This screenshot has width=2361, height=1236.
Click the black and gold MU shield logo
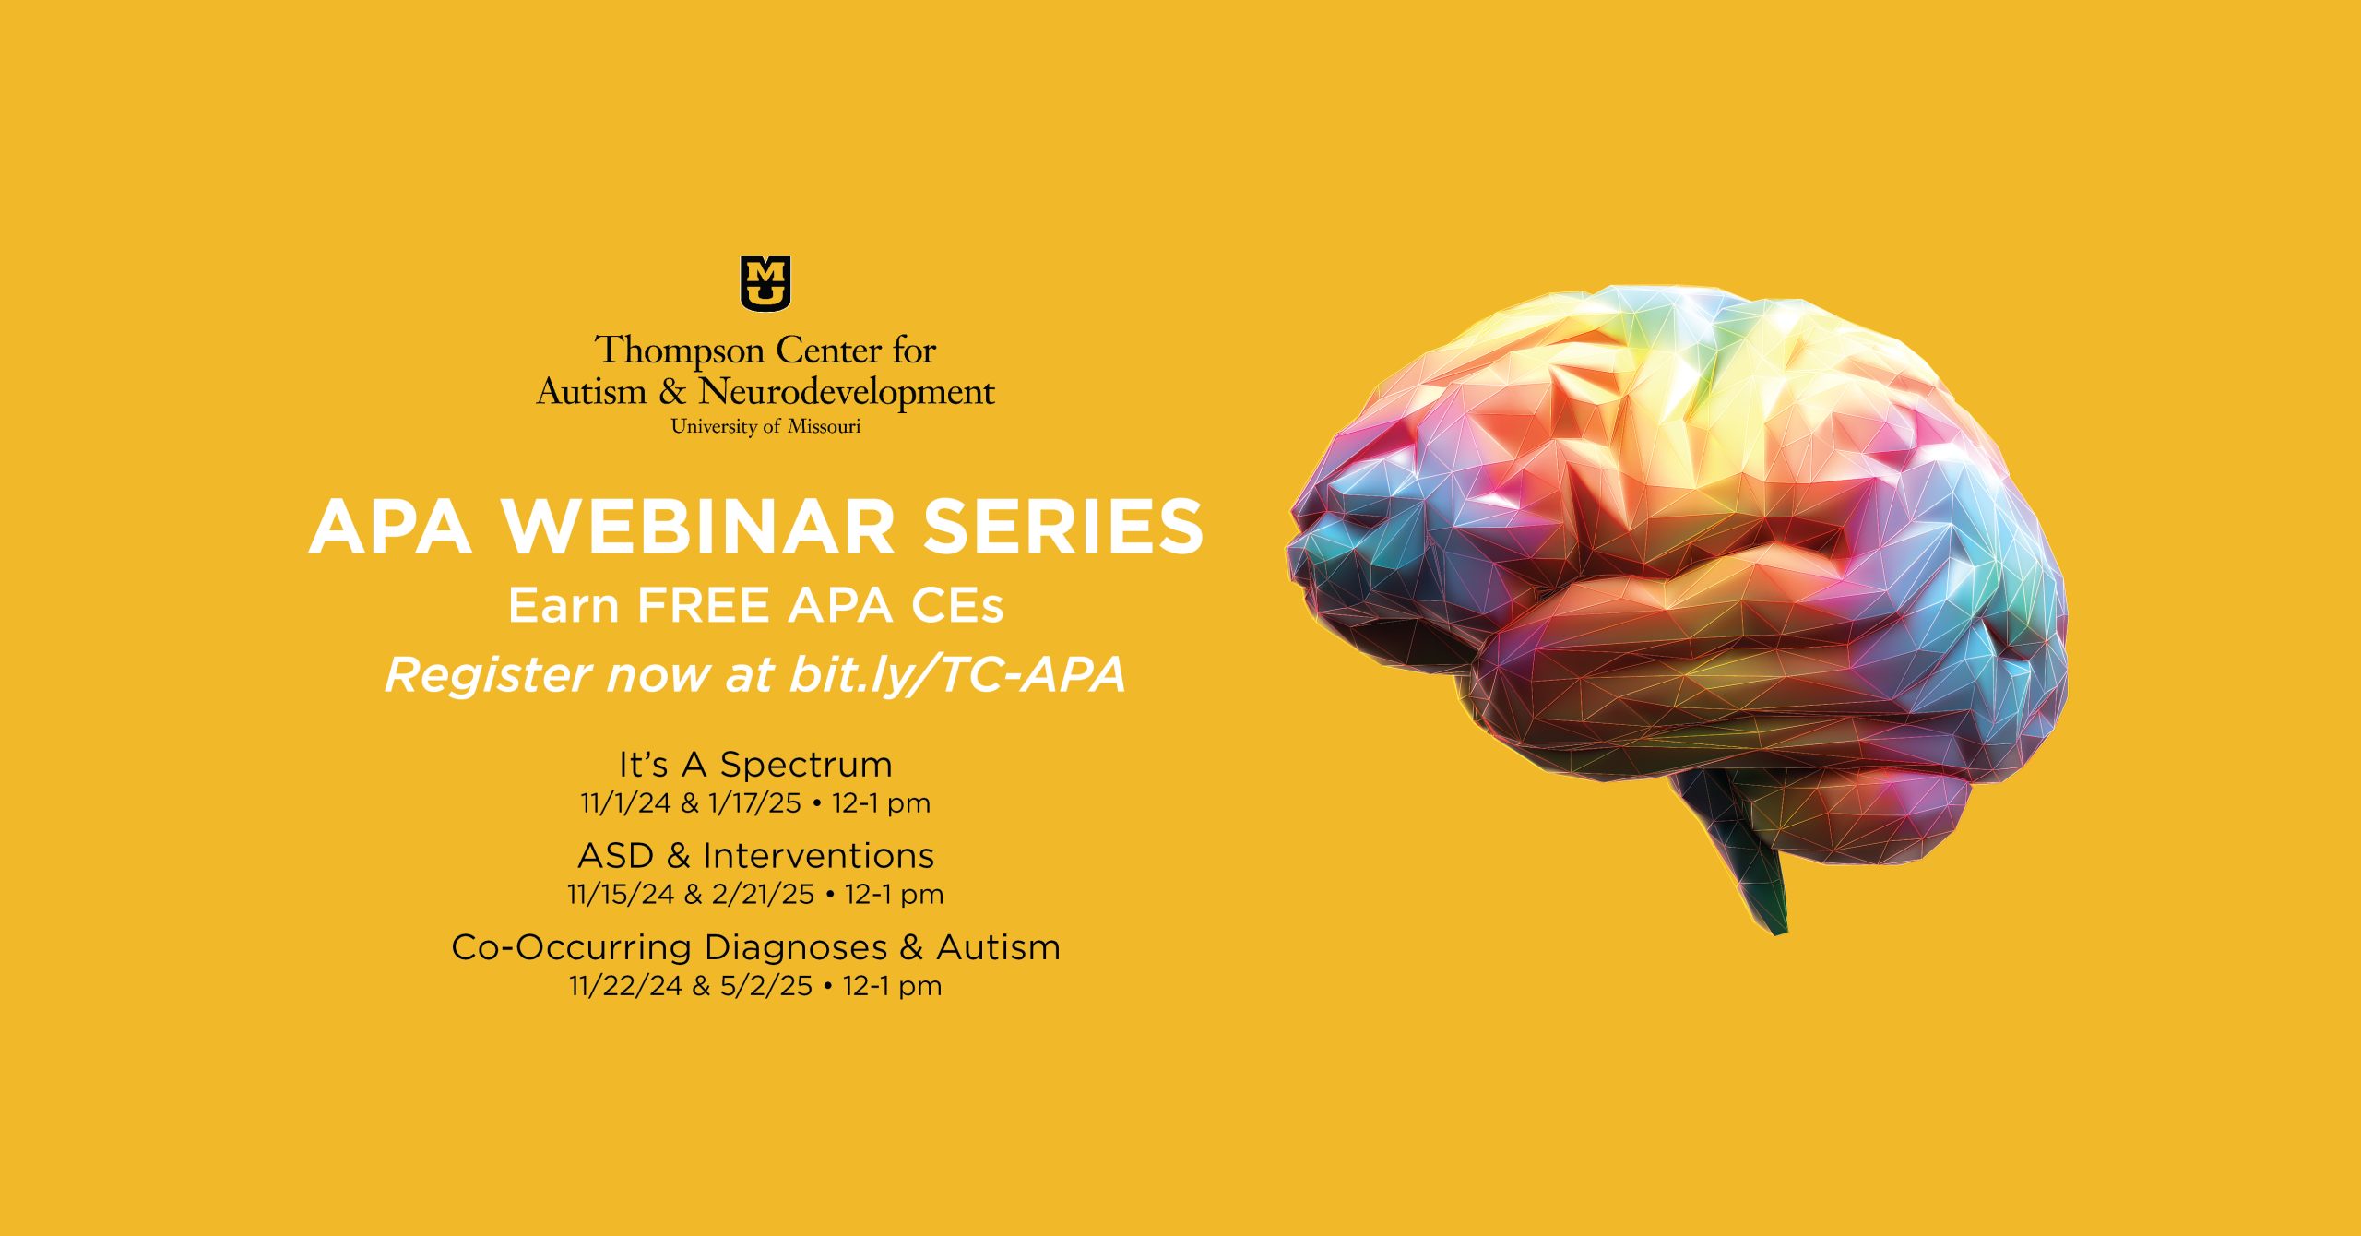point(765,283)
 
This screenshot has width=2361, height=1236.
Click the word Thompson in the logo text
point(680,351)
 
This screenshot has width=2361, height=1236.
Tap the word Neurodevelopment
point(847,393)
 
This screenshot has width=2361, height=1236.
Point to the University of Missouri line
point(765,426)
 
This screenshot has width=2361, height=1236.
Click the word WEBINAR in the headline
point(698,527)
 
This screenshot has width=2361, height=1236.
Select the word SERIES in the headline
point(1063,527)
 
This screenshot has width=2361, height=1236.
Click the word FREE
point(703,605)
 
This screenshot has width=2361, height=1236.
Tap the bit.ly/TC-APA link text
point(957,675)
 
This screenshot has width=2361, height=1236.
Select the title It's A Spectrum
point(755,764)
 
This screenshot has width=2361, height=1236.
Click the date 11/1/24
point(625,803)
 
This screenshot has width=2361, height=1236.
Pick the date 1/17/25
point(754,803)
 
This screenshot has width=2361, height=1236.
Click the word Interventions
point(818,856)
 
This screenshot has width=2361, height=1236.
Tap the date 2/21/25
point(764,895)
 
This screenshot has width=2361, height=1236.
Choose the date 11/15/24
point(621,895)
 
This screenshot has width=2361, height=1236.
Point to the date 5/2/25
point(766,986)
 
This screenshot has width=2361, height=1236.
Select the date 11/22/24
point(625,986)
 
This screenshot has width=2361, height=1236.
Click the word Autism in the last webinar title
point(998,948)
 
